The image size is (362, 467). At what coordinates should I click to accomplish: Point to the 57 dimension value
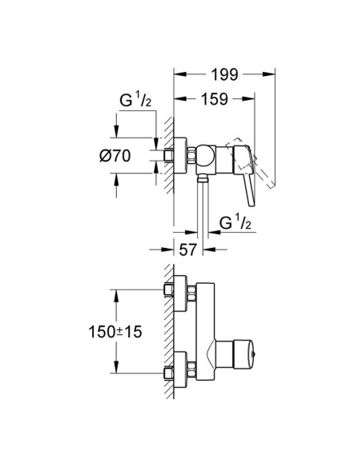(187, 249)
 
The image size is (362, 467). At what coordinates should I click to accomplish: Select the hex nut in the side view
(169, 156)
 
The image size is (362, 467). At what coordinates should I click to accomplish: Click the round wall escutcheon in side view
(182, 156)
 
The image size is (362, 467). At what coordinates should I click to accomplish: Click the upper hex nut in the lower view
(169, 289)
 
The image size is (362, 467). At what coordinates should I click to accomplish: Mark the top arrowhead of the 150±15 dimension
(117, 292)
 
